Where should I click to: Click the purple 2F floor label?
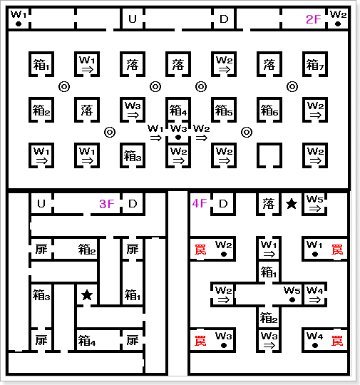(x=314, y=19)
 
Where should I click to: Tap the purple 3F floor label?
(x=107, y=204)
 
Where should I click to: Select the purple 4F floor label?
(x=200, y=203)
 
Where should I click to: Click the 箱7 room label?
(x=315, y=65)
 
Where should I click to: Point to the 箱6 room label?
(x=269, y=111)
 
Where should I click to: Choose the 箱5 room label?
(x=223, y=111)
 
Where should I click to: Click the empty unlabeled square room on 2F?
(x=269, y=155)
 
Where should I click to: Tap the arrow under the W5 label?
(x=315, y=208)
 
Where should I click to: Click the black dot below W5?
(x=292, y=299)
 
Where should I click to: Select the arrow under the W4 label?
(x=315, y=299)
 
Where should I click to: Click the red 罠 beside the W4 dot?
(x=337, y=341)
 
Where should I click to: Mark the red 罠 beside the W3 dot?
(x=200, y=341)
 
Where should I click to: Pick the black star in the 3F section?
(x=87, y=295)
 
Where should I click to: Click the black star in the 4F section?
(x=292, y=204)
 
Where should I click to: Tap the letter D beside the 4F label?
(x=223, y=204)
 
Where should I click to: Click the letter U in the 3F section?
(x=41, y=204)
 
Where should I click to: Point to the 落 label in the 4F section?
(x=269, y=204)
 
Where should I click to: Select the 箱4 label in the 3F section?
(x=87, y=341)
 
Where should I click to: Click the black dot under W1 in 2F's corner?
(x=18, y=24)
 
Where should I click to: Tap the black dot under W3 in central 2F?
(x=178, y=138)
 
